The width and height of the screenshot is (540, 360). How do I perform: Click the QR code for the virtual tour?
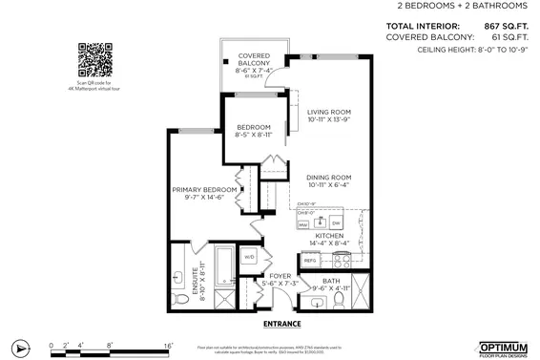[91, 60]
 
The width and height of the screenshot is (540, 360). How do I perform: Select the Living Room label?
[330, 116]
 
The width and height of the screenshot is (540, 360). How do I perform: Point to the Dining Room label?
[329, 179]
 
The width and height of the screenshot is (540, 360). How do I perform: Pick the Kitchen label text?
[329, 236]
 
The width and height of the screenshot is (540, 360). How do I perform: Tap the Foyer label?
[281, 277]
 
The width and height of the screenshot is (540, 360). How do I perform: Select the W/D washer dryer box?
[250, 257]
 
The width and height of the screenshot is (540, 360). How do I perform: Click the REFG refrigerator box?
[310, 260]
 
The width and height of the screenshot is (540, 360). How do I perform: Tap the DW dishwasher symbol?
[336, 223]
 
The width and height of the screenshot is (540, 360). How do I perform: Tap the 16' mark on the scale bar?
[169, 342]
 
